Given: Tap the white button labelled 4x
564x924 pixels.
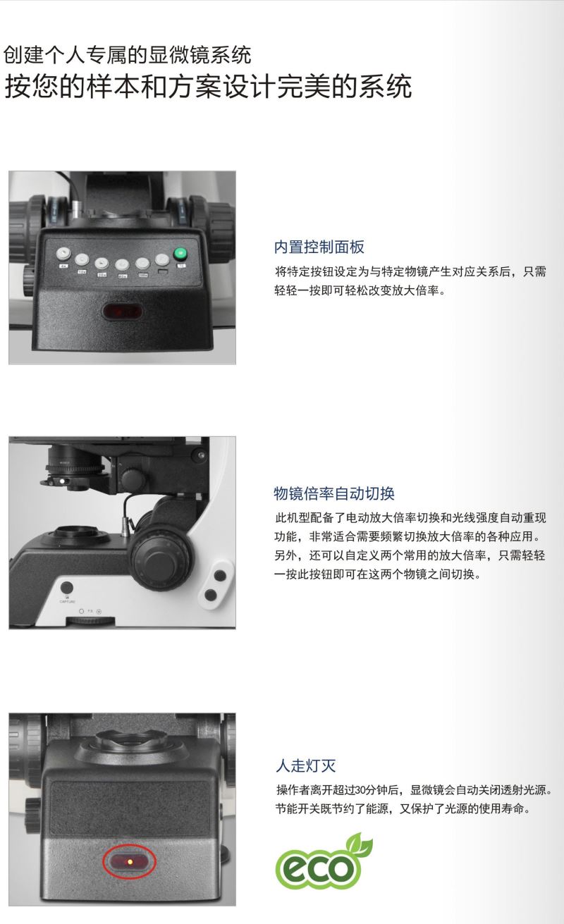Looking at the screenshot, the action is [x=63, y=254].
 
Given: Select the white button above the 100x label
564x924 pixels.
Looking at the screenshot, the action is [x=142, y=264].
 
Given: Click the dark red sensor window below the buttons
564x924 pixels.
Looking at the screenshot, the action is [x=122, y=312].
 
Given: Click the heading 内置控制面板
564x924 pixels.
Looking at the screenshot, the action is [x=319, y=247].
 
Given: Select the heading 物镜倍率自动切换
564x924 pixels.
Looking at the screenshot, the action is [x=334, y=493].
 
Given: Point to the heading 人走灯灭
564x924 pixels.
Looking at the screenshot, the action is [x=306, y=766].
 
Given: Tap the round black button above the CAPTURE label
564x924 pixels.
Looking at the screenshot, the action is [x=67, y=588].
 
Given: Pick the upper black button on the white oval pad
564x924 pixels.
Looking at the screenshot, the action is [x=221, y=575].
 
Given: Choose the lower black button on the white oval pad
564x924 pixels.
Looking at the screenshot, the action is [x=211, y=595].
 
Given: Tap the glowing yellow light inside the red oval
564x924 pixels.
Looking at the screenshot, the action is [x=130, y=862].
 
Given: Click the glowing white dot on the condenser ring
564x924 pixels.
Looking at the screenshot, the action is [x=62, y=481].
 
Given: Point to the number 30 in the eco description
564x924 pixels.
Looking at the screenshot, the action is [x=360, y=790].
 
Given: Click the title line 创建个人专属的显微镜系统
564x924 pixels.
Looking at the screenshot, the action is [x=128, y=55].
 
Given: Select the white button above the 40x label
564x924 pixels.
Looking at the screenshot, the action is [x=122, y=265].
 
